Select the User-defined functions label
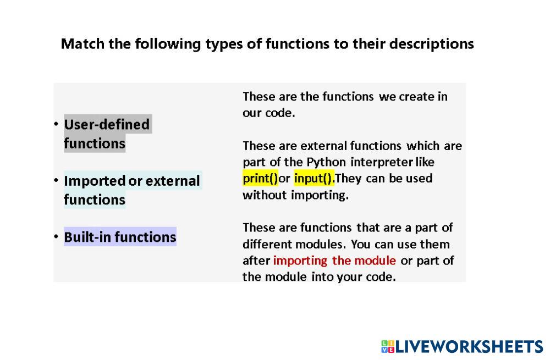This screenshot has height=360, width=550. [x=107, y=134]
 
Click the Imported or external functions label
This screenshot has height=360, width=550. [x=132, y=190]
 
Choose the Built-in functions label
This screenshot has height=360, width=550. [x=120, y=237]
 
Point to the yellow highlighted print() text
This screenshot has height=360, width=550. [x=260, y=178]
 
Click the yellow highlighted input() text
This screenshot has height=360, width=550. [x=314, y=178]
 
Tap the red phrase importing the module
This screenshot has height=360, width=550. [x=334, y=261]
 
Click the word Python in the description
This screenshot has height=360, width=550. [x=326, y=162]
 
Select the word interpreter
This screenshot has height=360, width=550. [x=382, y=162]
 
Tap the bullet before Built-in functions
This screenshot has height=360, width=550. [x=56, y=236]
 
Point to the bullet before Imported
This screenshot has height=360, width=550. [x=56, y=180]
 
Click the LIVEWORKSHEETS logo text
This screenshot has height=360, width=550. [x=469, y=347]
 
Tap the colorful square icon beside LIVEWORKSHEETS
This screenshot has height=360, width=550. [x=388, y=347]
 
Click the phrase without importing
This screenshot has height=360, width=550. [x=295, y=195]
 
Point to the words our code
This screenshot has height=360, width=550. [x=269, y=113]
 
